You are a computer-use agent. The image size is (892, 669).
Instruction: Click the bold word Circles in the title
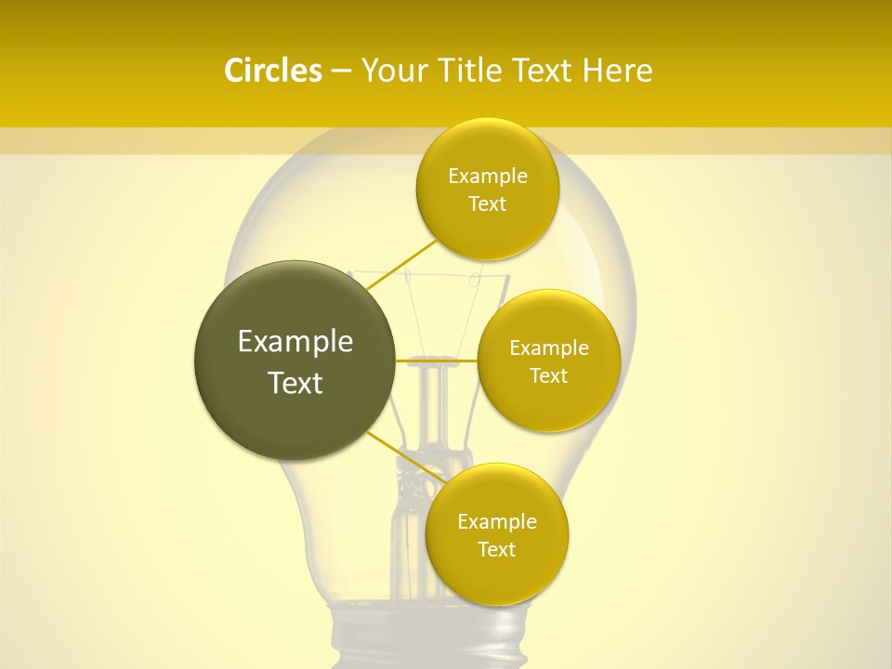click(x=272, y=71)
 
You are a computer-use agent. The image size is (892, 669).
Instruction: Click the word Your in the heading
click(x=394, y=71)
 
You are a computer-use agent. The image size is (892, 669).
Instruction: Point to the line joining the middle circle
click(x=437, y=360)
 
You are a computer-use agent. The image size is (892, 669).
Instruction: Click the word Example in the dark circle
click(x=295, y=342)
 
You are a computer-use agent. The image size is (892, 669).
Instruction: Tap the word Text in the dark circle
click(x=295, y=383)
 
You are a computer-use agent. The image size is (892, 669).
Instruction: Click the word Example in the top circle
click(x=488, y=177)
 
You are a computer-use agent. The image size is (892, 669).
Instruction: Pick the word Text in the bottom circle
click(x=496, y=549)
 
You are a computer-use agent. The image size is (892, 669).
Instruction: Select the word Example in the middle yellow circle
click(x=549, y=348)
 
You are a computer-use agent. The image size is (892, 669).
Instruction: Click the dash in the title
click(x=341, y=72)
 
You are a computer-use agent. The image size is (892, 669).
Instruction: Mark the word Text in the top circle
click(x=487, y=203)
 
